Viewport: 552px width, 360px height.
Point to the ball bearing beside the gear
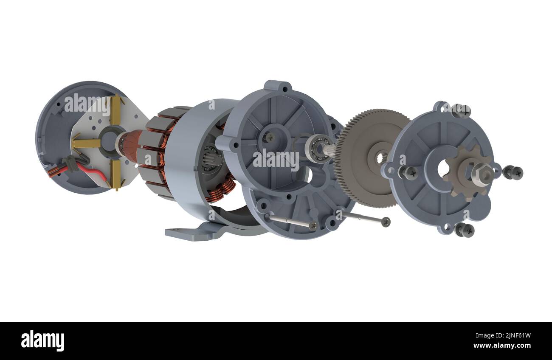(316, 149)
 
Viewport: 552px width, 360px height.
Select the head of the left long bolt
(313, 226)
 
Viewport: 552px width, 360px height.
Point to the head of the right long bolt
(386, 222)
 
